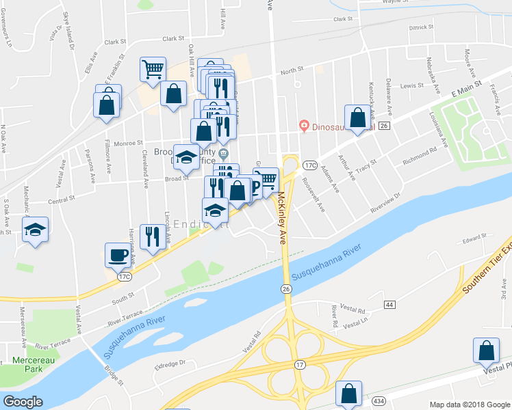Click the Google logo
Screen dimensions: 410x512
click(23, 402)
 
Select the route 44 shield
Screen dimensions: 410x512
click(389, 303)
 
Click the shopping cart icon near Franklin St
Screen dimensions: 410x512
click(153, 68)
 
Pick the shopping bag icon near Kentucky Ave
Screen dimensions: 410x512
click(357, 118)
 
